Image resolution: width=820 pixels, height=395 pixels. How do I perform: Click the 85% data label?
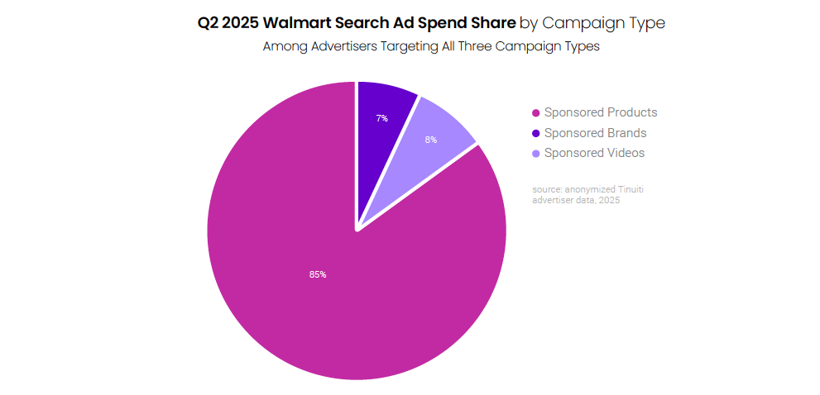(x=318, y=274)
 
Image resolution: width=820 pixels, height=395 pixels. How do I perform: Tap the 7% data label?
(x=381, y=119)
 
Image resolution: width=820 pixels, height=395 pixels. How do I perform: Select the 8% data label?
(x=431, y=140)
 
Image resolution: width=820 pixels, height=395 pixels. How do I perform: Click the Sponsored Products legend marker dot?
(x=536, y=113)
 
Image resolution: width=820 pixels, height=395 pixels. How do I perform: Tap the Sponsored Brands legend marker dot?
(x=536, y=133)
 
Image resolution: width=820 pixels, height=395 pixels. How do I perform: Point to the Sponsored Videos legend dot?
(x=536, y=154)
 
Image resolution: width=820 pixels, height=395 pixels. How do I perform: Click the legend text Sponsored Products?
(x=601, y=112)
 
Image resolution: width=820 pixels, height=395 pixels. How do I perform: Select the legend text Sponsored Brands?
(x=595, y=133)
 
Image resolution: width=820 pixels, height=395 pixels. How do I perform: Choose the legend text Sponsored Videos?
(x=594, y=153)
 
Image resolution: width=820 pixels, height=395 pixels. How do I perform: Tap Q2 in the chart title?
(x=208, y=23)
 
